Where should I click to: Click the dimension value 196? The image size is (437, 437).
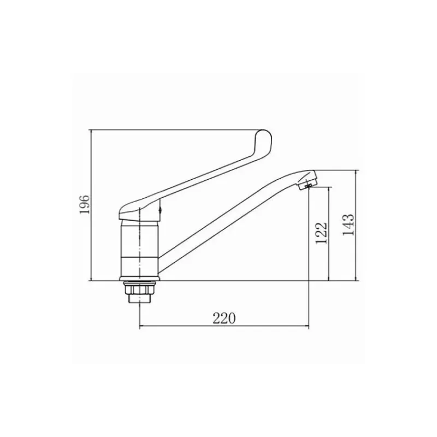tap(85, 204)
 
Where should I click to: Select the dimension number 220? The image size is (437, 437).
tap(224, 318)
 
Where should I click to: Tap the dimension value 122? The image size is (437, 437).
tap(321, 233)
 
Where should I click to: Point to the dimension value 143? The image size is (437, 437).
tap(349, 225)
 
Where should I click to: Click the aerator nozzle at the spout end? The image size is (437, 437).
tap(308, 183)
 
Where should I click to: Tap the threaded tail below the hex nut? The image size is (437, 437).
tap(139, 299)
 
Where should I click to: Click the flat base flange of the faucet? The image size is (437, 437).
tap(140, 279)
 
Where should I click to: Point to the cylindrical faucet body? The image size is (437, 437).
tap(140, 248)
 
